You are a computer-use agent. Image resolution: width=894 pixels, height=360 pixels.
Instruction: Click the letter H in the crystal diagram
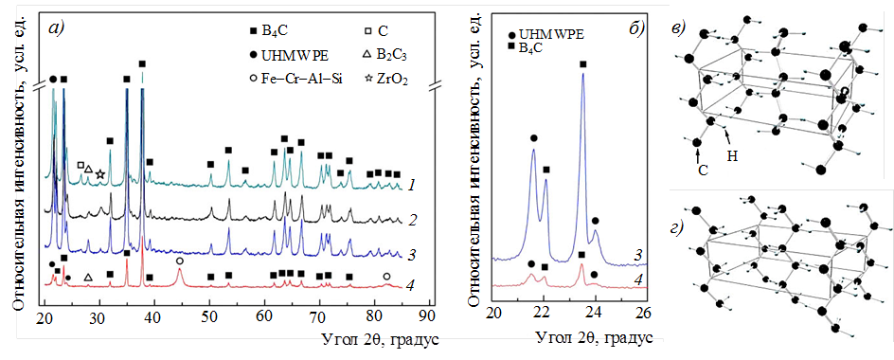(x=733, y=154)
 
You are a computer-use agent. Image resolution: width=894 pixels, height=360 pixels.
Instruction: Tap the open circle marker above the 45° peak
(x=180, y=261)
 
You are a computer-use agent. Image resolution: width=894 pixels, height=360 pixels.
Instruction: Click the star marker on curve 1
(x=100, y=174)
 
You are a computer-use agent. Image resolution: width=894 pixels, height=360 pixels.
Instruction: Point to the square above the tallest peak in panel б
(x=582, y=64)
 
